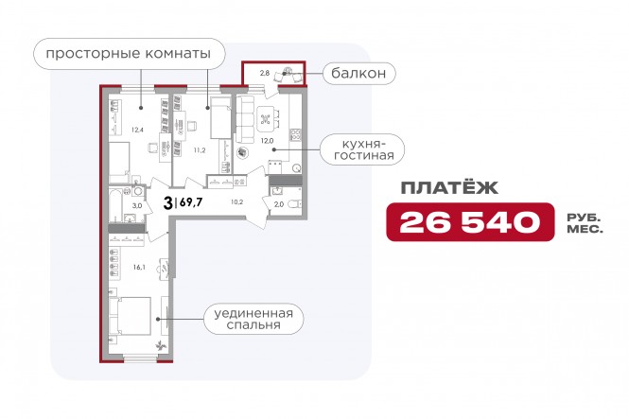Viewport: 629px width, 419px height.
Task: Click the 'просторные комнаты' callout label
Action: pos(129,54)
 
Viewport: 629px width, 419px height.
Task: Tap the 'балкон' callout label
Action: pos(358,74)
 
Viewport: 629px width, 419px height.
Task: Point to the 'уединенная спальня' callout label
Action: pos(253,319)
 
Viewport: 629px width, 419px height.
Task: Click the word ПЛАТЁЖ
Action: pos(449,187)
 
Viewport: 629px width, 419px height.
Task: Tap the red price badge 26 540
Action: pos(470,222)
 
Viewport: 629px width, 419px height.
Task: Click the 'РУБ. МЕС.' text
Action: pos(585,224)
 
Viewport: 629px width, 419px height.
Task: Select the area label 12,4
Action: pos(137,130)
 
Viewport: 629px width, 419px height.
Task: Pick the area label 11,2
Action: pos(200,150)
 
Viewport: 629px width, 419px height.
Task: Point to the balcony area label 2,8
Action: pos(264,73)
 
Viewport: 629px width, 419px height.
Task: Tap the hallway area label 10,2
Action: pos(236,202)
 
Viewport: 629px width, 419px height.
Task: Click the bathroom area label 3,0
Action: pos(137,206)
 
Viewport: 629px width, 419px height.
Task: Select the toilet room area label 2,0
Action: pos(279,204)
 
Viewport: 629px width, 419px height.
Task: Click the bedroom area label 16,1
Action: pos(139,268)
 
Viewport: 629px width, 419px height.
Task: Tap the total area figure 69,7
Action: pos(191,202)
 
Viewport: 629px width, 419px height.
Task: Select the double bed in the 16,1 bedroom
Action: pos(130,316)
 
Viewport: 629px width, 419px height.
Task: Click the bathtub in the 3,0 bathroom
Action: pos(115,205)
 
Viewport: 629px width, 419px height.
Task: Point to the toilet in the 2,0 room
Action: pos(295,204)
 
